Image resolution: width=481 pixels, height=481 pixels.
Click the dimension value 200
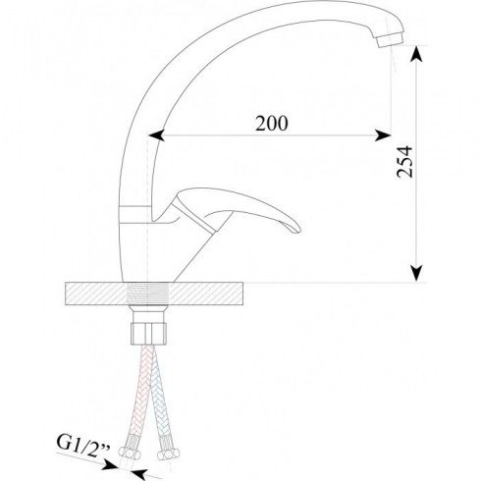point(272,124)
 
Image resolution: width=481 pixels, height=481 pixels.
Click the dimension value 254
point(404,162)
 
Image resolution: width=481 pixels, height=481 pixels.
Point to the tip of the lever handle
point(297,229)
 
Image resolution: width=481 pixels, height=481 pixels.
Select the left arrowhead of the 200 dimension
point(156,134)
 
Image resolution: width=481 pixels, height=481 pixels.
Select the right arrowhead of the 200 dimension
point(383,134)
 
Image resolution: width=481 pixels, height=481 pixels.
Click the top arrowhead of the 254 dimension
point(416,54)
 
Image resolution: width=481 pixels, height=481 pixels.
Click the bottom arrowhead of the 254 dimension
point(416,273)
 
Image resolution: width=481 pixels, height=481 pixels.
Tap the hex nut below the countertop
point(149,334)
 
